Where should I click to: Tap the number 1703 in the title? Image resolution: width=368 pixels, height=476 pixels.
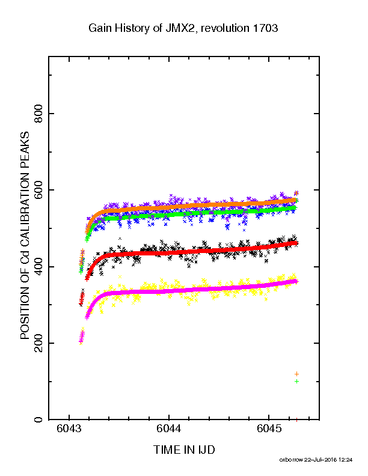point(265,28)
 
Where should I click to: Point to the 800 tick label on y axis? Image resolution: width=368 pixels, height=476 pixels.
point(38,114)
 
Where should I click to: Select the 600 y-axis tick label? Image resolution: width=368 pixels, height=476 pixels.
point(38,190)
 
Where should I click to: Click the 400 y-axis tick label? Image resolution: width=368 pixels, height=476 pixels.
point(38,266)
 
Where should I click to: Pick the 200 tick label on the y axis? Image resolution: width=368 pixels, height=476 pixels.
point(38,343)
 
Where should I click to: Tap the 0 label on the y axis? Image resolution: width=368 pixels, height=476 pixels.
point(38,420)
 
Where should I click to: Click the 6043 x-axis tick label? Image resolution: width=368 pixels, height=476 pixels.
point(69,429)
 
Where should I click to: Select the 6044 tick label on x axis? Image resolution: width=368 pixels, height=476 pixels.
point(169,429)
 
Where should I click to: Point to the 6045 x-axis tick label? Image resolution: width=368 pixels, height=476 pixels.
point(269,429)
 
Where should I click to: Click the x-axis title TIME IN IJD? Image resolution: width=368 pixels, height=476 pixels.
point(184,450)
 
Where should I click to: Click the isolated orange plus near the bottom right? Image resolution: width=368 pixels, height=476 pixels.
point(296,374)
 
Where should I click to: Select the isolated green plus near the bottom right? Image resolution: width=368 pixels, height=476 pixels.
point(296,381)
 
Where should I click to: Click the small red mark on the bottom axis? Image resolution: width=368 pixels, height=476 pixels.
point(296,420)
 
